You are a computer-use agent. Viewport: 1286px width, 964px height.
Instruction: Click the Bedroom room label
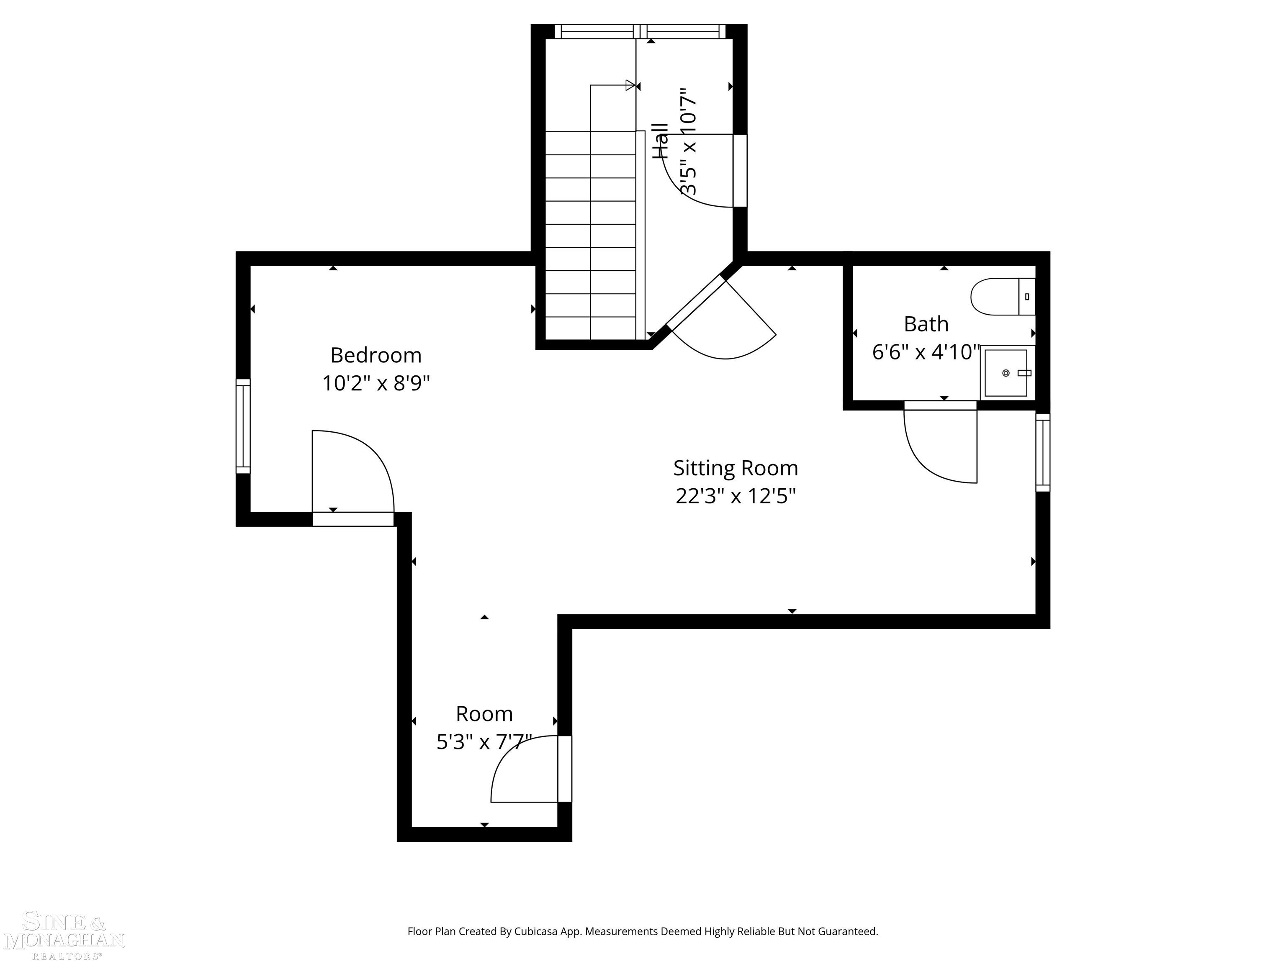pos(376,355)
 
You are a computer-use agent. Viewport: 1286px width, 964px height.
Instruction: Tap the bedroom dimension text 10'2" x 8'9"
pos(376,384)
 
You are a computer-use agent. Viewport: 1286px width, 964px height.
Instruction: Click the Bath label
pos(926,324)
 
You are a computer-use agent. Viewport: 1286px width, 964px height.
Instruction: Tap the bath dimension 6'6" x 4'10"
pos(926,352)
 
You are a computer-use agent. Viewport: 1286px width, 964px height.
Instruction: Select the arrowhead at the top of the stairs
pos(630,85)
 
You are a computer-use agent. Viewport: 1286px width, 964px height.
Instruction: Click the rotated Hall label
pos(661,141)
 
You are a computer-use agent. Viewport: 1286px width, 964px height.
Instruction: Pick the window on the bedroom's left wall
pos(243,426)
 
